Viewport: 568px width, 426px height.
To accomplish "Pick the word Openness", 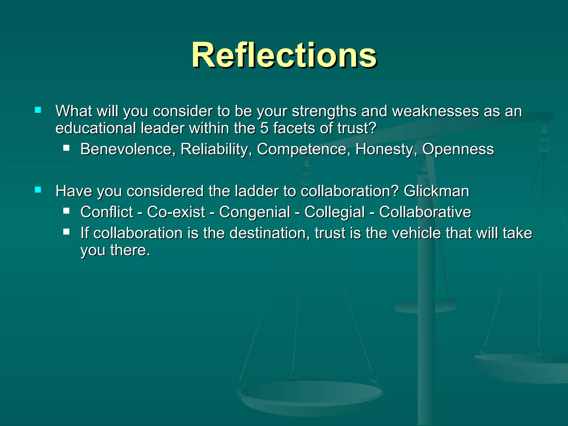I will point(458,149).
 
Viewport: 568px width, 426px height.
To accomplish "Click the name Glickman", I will point(436,191).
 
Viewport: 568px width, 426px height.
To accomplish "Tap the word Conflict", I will point(107,212).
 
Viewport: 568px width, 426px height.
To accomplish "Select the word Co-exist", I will point(176,212).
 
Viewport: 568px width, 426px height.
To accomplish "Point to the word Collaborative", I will point(425,212).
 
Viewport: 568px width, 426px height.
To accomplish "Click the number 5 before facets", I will point(264,128).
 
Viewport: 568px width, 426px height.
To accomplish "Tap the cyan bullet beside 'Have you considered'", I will point(38,190).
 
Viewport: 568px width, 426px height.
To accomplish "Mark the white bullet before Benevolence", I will point(66,148).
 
